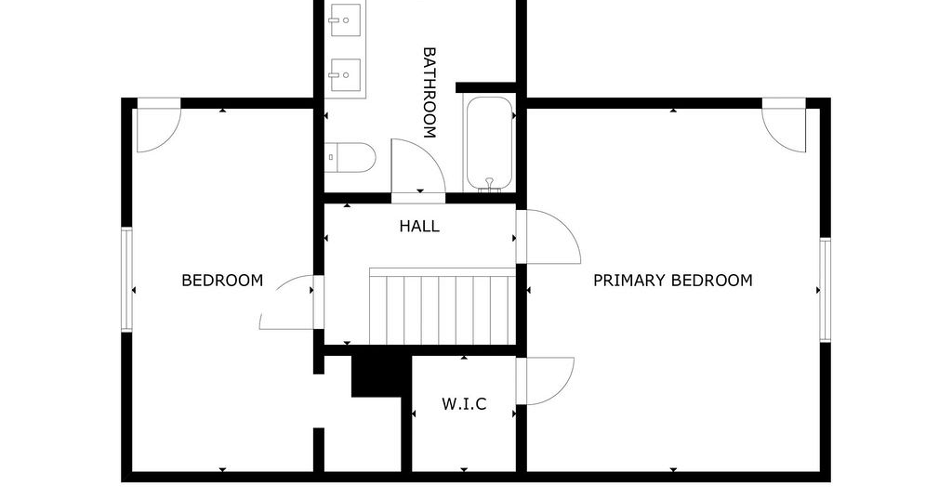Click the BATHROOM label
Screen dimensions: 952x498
click(430, 93)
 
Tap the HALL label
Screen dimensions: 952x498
click(419, 227)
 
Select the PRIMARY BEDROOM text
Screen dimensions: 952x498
click(673, 281)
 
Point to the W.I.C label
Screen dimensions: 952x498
click(464, 404)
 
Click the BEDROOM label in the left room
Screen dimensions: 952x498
click(222, 281)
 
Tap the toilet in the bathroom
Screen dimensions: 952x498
click(350, 158)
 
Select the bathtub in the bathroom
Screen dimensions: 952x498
click(489, 144)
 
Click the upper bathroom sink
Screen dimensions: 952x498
click(344, 20)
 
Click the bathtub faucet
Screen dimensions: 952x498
click(489, 184)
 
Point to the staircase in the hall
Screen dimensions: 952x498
click(443, 306)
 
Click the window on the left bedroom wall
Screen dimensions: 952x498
click(126, 280)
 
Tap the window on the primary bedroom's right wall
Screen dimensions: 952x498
click(826, 290)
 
